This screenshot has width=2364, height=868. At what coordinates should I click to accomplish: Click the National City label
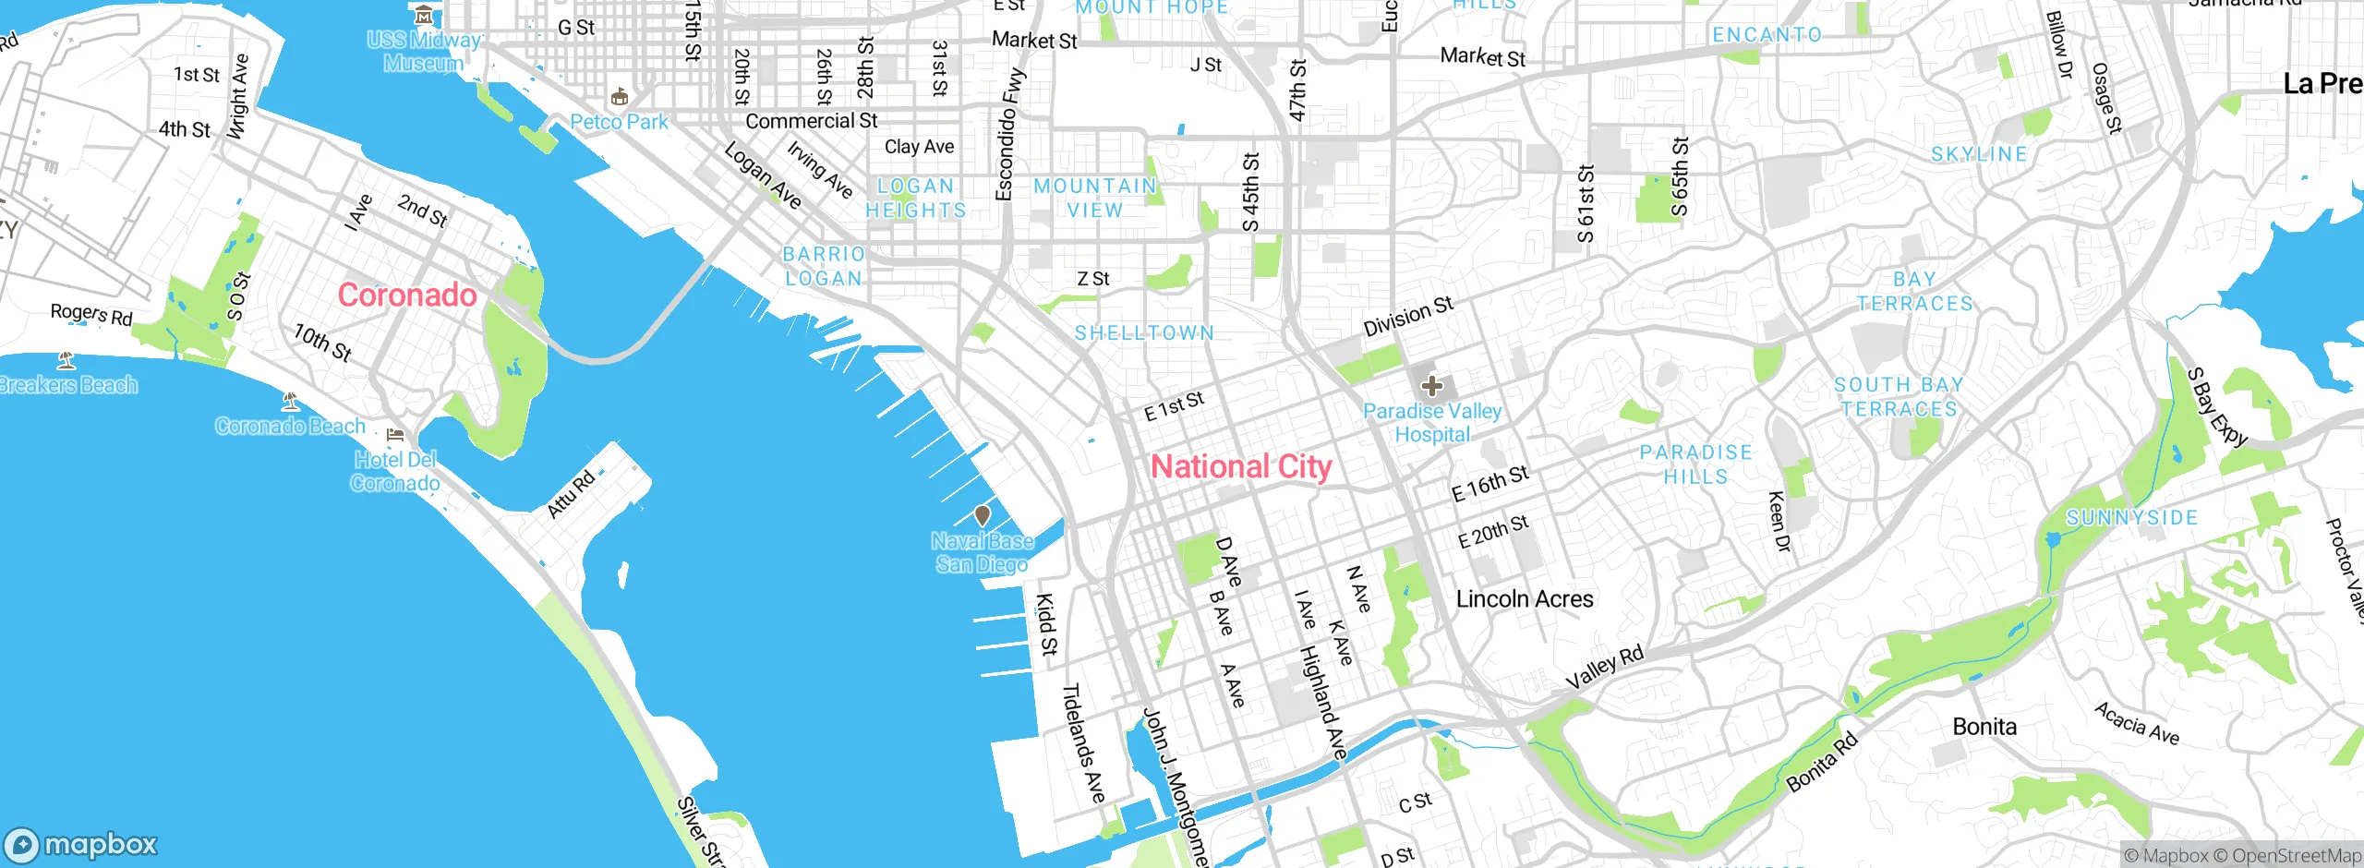coord(1240,467)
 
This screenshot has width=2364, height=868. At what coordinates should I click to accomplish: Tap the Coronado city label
coord(406,295)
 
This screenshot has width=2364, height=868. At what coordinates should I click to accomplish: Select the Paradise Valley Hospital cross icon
coord(1432,386)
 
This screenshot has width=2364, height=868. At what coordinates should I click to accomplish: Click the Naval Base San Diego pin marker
coord(983,516)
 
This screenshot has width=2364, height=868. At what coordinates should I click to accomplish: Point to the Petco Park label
coord(619,122)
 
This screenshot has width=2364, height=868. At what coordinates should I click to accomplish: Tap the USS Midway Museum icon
coord(424,15)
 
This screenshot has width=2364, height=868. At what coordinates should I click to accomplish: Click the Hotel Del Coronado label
coord(395,471)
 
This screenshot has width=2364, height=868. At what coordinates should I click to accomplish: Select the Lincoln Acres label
coord(1525,599)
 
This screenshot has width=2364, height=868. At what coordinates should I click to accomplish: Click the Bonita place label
coord(1984,727)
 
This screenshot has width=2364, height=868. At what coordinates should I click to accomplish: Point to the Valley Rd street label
coord(1605,668)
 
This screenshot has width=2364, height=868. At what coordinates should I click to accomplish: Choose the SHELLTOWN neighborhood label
coord(1144,333)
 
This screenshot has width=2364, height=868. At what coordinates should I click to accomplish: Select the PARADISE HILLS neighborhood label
coord(1695,464)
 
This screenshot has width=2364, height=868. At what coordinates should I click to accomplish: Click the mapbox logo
coord(80,844)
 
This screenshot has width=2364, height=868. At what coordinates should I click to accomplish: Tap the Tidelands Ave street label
coord(1083,742)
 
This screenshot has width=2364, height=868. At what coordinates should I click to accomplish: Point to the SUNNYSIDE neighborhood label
coord(2131,518)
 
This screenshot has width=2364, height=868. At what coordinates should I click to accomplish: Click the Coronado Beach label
coord(290,426)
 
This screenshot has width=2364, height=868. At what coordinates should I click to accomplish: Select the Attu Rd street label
coord(571,494)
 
